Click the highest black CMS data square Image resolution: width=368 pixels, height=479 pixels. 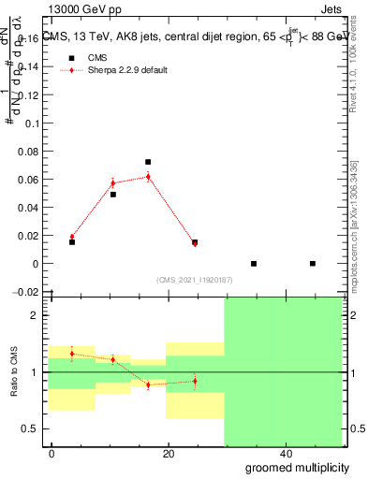point(148,162)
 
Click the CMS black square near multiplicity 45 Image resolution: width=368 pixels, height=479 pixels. point(313,264)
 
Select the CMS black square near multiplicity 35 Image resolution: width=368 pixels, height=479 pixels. point(254,264)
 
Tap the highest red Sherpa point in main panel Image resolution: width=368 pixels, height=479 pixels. point(148,176)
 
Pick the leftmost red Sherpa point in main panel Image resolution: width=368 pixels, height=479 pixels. point(72,237)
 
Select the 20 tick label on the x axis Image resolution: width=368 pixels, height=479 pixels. point(169,454)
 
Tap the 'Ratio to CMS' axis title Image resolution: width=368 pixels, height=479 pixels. point(14,371)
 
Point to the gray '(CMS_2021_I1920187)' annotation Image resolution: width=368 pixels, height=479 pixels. point(194,279)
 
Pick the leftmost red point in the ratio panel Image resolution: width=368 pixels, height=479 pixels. point(72,354)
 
